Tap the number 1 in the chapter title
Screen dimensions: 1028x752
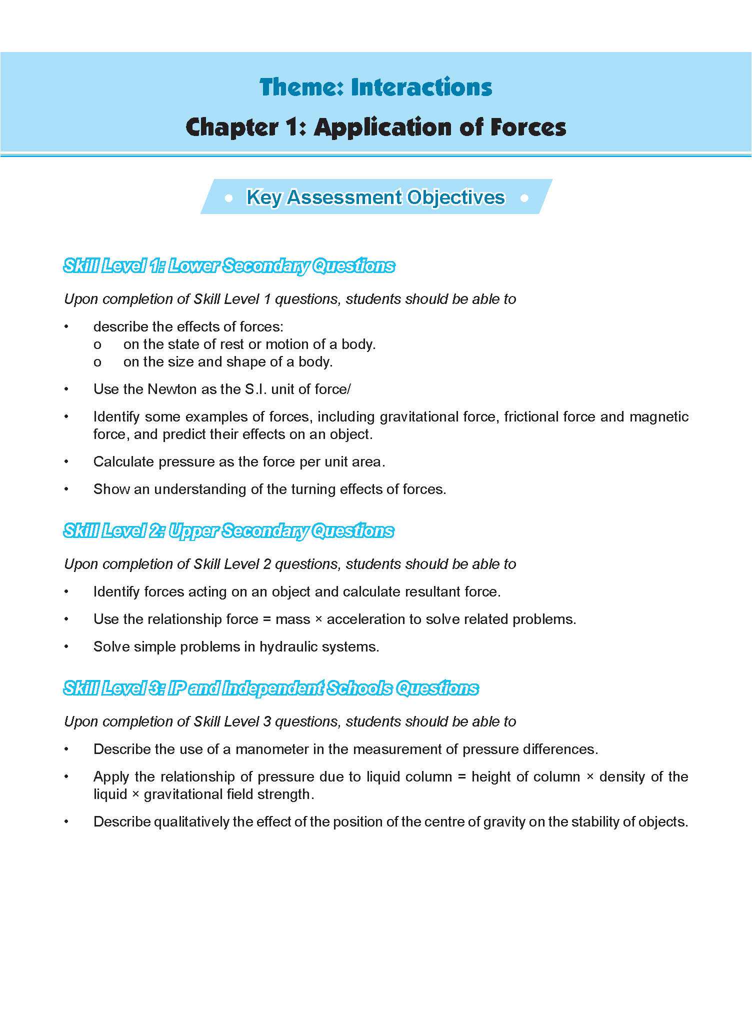[x=295, y=127]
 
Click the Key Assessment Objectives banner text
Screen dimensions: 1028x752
[x=375, y=197]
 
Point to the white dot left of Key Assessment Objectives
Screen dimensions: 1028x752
[x=229, y=198]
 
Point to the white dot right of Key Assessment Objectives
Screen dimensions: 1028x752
[x=524, y=198]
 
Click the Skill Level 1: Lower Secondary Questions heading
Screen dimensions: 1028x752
[x=229, y=266]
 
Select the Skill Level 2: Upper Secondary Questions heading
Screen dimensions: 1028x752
[x=228, y=531]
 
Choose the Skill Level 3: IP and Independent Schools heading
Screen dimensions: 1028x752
[x=270, y=688]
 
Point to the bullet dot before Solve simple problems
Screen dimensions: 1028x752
[x=66, y=646]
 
